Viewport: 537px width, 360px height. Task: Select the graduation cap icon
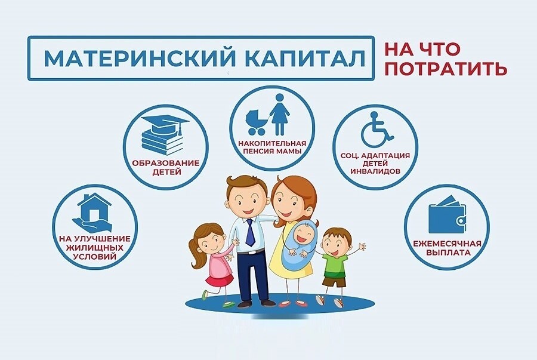click(165, 122)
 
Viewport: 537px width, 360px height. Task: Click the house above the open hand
click(94, 206)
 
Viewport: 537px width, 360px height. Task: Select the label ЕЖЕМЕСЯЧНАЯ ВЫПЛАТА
click(447, 248)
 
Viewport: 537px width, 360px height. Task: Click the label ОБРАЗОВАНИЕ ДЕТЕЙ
click(166, 167)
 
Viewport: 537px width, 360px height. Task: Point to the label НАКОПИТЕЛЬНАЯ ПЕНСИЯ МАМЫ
click(272, 146)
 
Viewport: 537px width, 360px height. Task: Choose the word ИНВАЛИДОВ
click(375, 171)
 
